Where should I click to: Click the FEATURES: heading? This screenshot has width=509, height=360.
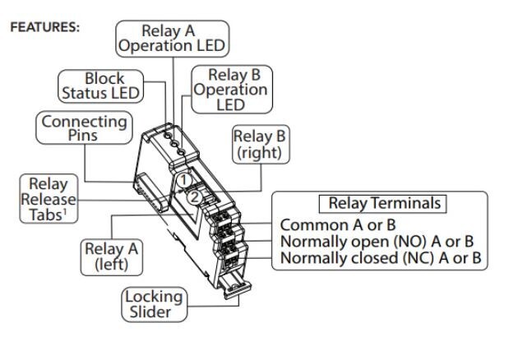tap(44, 27)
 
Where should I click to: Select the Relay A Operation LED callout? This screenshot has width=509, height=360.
tap(172, 39)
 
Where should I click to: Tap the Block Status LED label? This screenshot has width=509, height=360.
tap(101, 85)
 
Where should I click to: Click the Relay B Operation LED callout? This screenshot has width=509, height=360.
tap(230, 89)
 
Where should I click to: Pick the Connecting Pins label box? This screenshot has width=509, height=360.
tap(85, 128)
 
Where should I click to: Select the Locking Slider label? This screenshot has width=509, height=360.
tap(155, 304)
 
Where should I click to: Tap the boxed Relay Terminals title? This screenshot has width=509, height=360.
tap(384, 203)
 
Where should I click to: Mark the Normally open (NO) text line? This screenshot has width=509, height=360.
tap(380, 242)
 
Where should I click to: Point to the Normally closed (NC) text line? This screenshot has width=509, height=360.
tap(381, 259)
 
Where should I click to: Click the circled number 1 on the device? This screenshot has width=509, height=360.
tap(187, 178)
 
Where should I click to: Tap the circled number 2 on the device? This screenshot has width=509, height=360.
tap(193, 196)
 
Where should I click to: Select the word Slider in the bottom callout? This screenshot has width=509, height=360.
tap(155, 312)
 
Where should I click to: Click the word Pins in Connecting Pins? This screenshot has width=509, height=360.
tap(85, 136)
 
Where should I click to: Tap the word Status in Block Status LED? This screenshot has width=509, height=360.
tap(90, 93)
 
